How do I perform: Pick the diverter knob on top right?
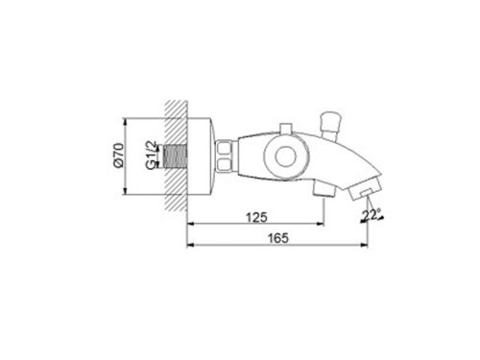[x=337, y=119]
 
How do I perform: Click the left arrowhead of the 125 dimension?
[x=190, y=226]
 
